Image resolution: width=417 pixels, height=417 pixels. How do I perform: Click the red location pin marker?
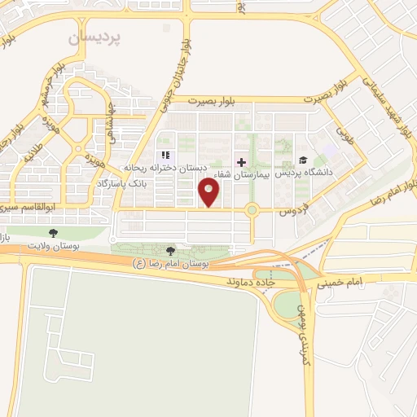tap(209, 193)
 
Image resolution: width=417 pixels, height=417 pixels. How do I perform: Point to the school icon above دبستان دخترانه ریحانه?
tap(165, 155)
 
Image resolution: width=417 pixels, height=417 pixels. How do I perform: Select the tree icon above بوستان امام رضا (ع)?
tap(170, 251)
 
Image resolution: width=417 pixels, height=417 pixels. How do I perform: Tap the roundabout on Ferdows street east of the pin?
tap(252, 211)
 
